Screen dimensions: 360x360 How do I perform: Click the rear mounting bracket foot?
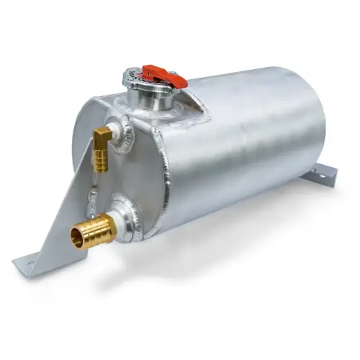coord(323,172)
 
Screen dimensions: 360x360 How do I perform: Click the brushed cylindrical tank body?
coord(245,158)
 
